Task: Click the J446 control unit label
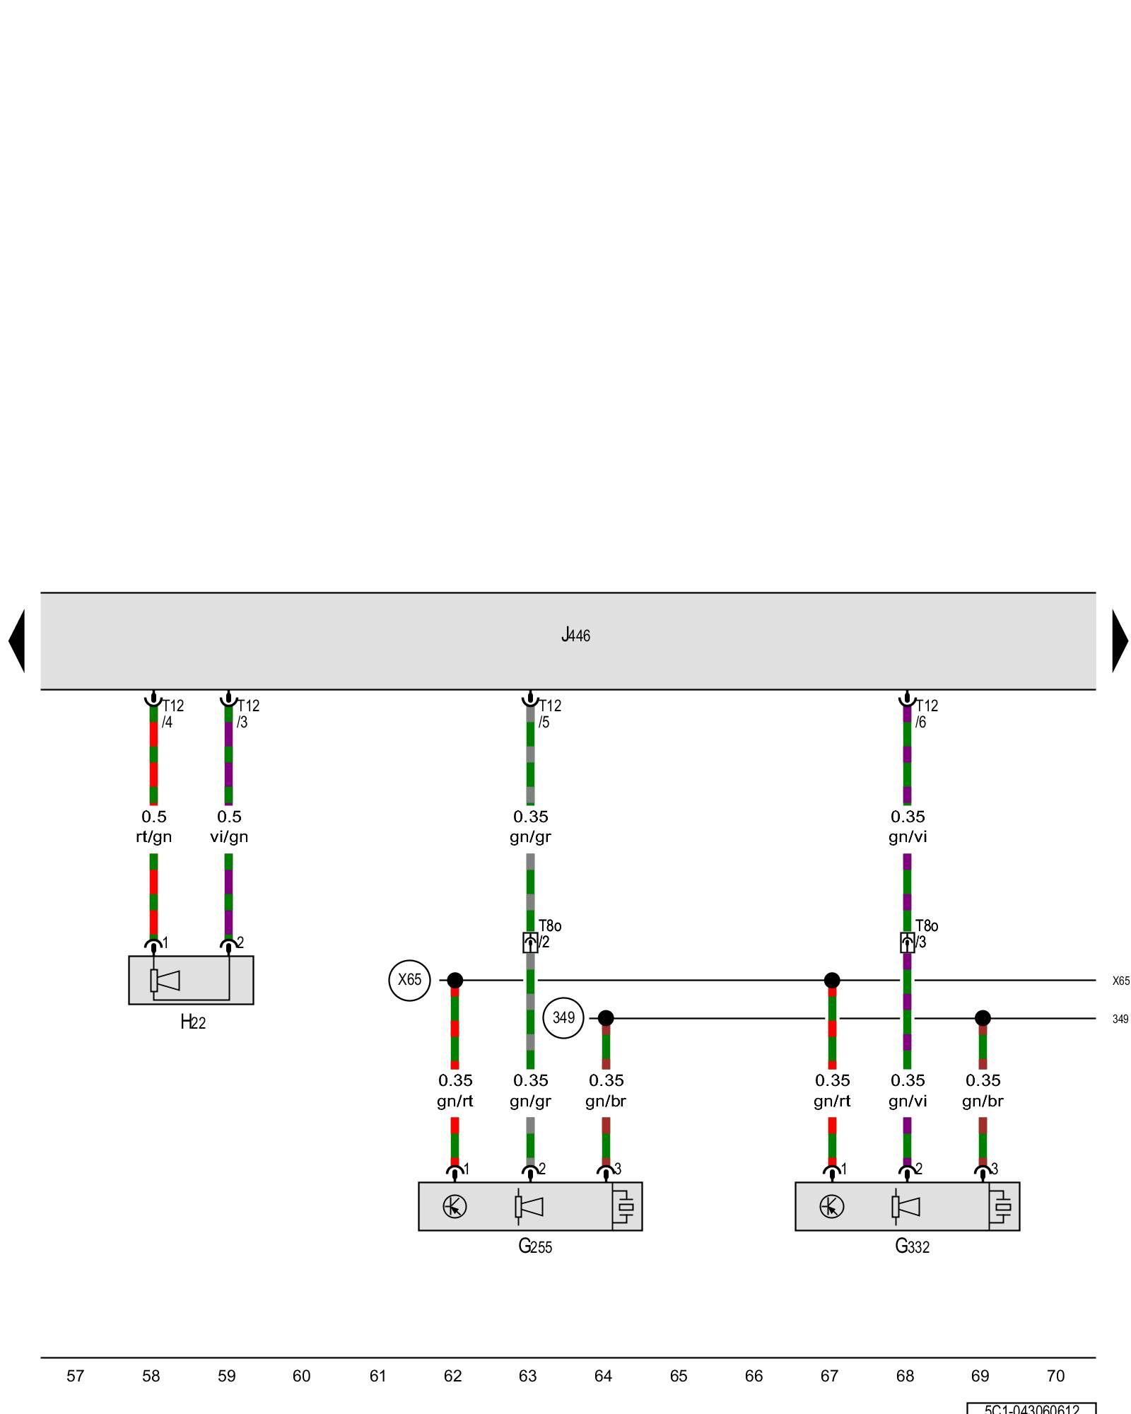click(x=575, y=635)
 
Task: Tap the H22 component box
click(x=191, y=980)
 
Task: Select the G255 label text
click(x=535, y=1246)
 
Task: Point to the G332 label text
click(x=912, y=1246)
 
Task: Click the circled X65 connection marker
click(x=409, y=980)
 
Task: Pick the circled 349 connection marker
click(x=563, y=1018)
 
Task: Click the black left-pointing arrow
click(x=17, y=641)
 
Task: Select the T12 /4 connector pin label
click(x=172, y=713)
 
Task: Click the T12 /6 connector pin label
click(x=926, y=713)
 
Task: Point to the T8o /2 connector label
click(x=549, y=933)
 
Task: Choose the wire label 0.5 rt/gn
click(x=153, y=826)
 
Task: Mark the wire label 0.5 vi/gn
click(x=229, y=826)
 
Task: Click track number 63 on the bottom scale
click(x=528, y=1376)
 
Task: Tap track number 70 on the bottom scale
click(x=1055, y=1376)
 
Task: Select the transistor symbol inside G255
click(x=455, y=1206)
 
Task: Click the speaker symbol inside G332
click(x=906, y=1206)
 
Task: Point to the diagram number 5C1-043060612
click(x=1031, y=1409)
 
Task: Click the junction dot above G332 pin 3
click(x=983, y=1018)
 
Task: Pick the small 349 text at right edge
click(x=1120, y=1019)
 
